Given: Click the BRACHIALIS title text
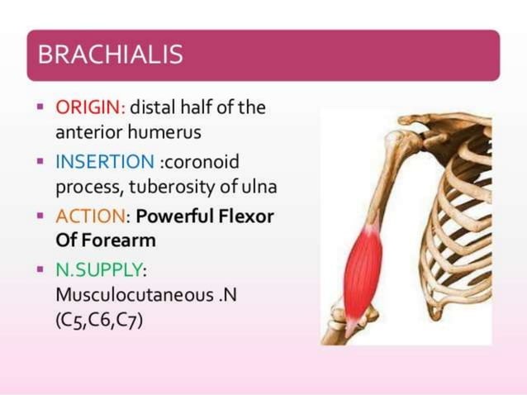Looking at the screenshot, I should point(110,55).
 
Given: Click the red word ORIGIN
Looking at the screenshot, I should point(89,107).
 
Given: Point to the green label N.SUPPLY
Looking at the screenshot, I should point(101,270).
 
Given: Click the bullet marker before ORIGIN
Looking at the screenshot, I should point(40,108).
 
